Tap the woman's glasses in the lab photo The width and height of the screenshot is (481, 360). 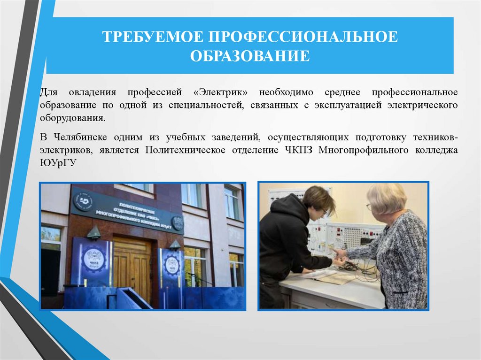coord(369,207)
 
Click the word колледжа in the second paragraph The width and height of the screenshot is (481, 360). coord(434,150)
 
